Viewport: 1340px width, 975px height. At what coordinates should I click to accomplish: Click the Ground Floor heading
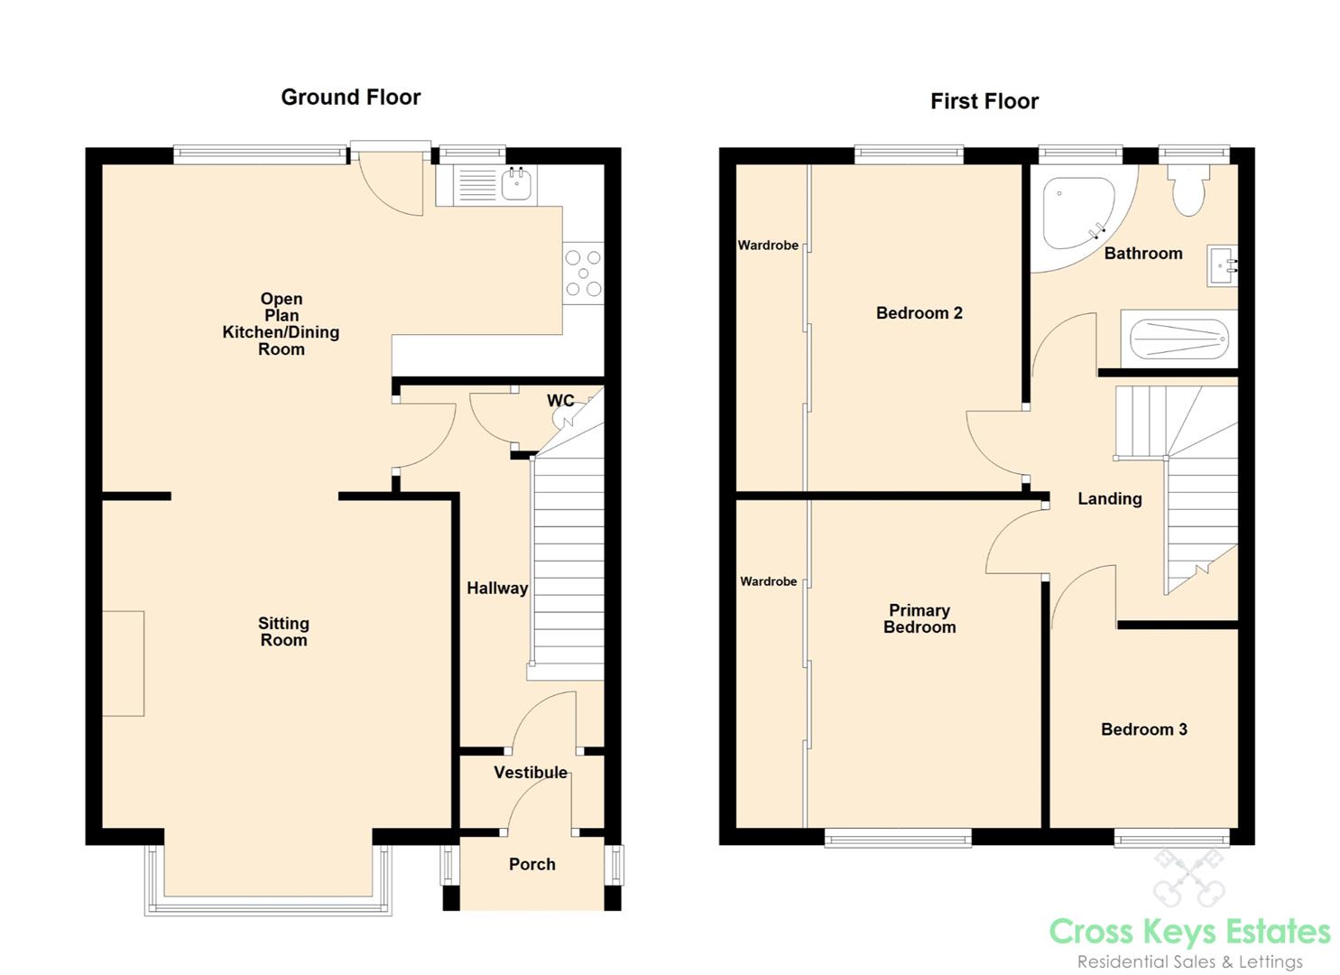tap(350, 97)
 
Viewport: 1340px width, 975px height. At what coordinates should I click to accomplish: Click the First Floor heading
tap(984, 101)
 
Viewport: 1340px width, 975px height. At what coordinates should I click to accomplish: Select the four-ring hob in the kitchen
tap(583, 273)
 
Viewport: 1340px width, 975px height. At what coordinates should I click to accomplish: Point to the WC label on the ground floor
tap(560, 400)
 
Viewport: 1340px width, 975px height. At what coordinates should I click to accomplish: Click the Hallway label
tap(497, 588)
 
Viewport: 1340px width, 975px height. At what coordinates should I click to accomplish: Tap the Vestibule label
tap(531, 772)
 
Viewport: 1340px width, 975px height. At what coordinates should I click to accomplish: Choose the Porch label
tap(531, 864)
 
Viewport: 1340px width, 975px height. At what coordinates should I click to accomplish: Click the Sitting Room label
tap(283, 631)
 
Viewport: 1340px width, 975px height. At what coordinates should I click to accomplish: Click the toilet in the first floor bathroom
tap(1188, 190)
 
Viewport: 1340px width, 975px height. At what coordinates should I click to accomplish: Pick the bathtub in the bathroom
tap(1178, 339)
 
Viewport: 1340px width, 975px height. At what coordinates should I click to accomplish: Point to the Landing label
tap(1110, 498)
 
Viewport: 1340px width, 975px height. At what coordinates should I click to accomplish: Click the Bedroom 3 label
tap(1144, 729)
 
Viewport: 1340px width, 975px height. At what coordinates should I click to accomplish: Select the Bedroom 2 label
tap(919, 312)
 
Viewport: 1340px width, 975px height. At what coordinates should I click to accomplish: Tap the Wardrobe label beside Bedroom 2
tap(768, 245)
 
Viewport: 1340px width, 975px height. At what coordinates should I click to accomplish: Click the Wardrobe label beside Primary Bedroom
tap(768, 581)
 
